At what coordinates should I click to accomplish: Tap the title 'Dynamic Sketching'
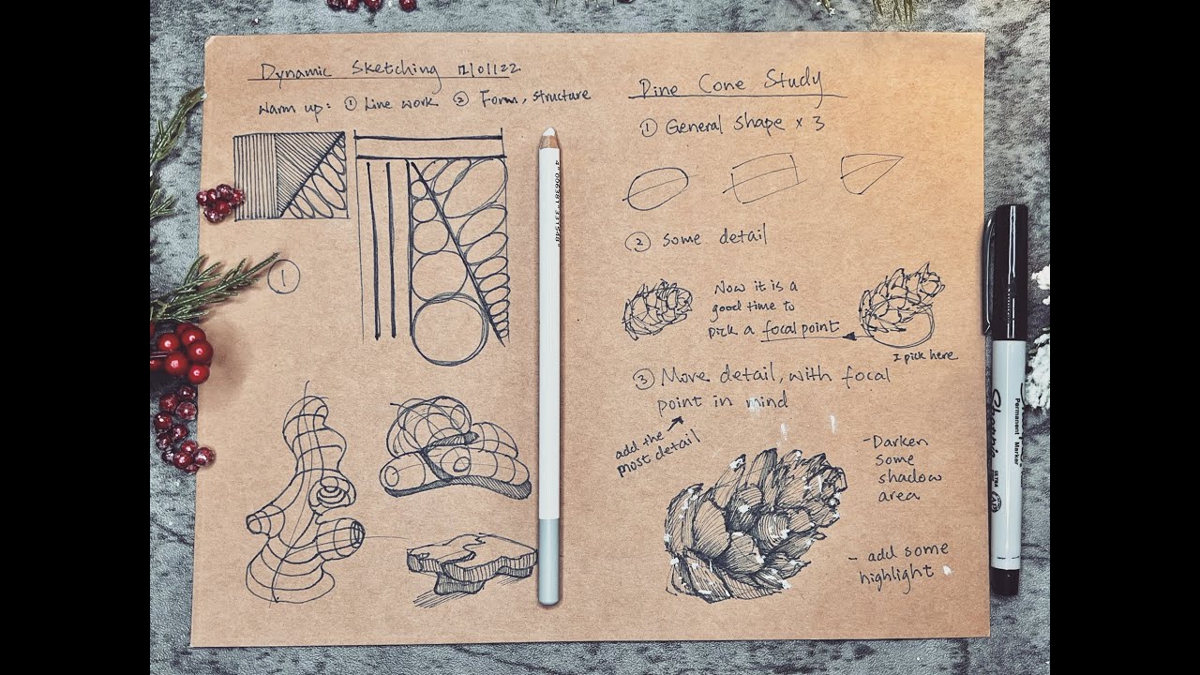click(x=350, y=69)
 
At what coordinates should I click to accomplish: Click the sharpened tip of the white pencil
click(x=548, y=135)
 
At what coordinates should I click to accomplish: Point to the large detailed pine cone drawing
click(x=750, y=525)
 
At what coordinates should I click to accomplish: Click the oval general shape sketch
click(x=656, y=187)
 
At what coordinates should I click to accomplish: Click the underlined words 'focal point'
click(x=800, y=329)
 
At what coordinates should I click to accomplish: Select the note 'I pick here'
click(x=923, y=356)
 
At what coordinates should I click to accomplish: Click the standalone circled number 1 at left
click(x=283, y=277)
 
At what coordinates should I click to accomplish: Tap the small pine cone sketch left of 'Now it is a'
click(x=657, y=308)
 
